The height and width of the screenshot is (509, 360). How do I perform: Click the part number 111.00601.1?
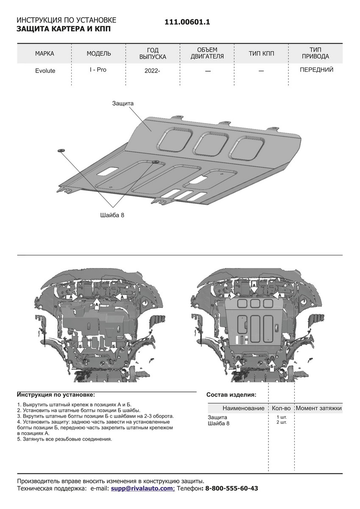coord(187,24)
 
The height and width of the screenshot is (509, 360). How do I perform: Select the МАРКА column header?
coord(45,53)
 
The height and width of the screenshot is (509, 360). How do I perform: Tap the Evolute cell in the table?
coord(45,71)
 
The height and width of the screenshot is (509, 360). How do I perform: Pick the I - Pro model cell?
coord(98,70)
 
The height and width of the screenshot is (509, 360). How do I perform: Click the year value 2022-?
coord(152,71)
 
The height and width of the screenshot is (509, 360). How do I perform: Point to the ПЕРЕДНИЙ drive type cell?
coord(316,70)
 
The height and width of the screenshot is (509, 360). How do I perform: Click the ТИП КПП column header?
coord(262,53)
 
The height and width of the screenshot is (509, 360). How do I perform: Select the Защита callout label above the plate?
coord(123,103)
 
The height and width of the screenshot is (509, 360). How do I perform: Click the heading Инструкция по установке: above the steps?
coord(56,394)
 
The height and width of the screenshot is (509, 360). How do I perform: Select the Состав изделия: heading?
coord(231,394)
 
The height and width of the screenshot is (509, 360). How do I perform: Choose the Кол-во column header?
coord(281,408)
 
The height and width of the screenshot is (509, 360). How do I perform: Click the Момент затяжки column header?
coord(318,408)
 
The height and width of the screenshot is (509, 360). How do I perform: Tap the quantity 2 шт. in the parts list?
coord(281,423)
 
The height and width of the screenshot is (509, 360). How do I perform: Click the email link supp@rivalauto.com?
coord(142,489)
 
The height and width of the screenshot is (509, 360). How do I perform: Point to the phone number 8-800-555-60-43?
coord(232,489)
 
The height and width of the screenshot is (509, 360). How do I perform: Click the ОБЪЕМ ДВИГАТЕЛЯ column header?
coord(207,53)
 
